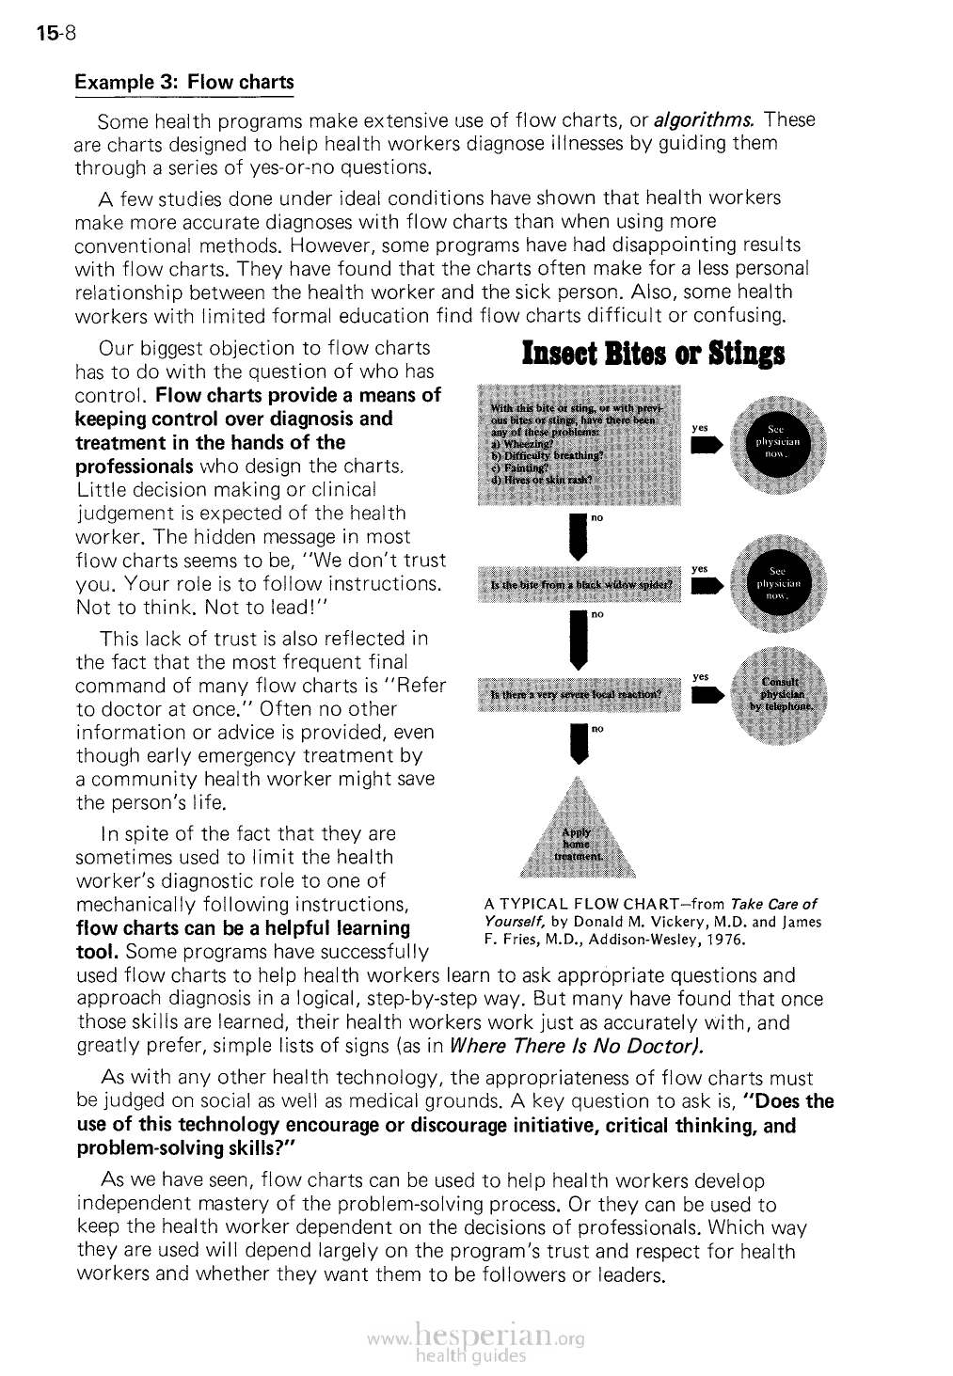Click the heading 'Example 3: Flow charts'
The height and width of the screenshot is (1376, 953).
(x=184, y=82)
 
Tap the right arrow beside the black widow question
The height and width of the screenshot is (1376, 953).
(x=707, y=586)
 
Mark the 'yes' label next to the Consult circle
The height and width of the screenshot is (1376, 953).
(x=700, y=676)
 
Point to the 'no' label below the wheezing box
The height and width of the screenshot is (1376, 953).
(x=596, y=517)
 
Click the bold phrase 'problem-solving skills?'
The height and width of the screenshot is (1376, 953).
(x=186, y=1148)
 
